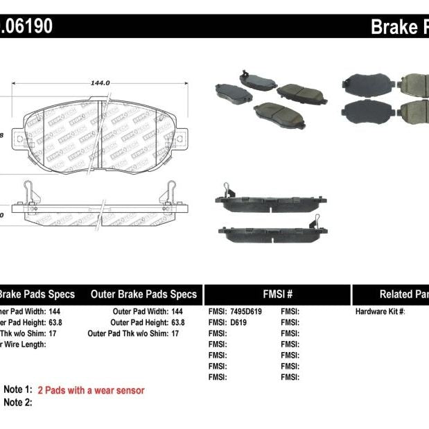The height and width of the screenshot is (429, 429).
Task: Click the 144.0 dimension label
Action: click(x=100, y=82)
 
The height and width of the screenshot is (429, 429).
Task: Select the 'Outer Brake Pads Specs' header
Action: click(x=143, y=294)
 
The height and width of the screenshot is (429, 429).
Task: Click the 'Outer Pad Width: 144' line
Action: click(x=148, y=312)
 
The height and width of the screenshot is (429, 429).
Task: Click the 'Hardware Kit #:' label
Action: click(x=380, y=312)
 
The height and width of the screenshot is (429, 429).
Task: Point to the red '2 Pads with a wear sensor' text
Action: click(x=91, y=390)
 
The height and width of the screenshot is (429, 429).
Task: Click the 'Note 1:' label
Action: click(x=18, y=390)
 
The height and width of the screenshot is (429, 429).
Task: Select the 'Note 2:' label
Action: click(x=18, y=402)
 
